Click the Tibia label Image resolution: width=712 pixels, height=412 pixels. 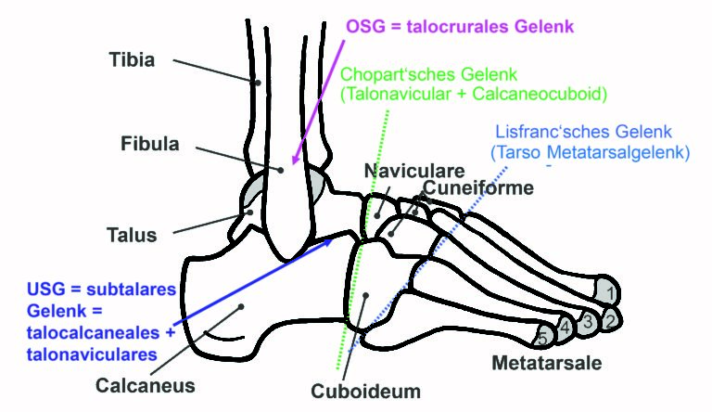tap(132, 59)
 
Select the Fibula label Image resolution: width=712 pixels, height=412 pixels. tap(150, 144)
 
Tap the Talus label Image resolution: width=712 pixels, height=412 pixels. tap(132, 235)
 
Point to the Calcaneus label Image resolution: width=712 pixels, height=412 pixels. tap(146, 386)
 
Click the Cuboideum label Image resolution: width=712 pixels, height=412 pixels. tap(365, 391)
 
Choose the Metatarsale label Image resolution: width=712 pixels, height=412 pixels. tap(547, 363)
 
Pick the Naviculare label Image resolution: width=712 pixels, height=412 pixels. tap(414, 171)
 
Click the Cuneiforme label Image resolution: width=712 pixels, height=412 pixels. tap(478, 187)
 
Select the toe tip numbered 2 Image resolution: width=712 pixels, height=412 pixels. tap(611, 320)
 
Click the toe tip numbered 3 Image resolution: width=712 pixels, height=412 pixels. tap(588, 323)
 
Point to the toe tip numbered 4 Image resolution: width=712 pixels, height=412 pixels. tap(565, 328)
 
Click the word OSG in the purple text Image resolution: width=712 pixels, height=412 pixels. tap(365, 26)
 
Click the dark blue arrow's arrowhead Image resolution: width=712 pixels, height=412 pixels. tap(328, 242)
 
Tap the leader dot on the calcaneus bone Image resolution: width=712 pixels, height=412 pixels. tap(241, 307)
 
